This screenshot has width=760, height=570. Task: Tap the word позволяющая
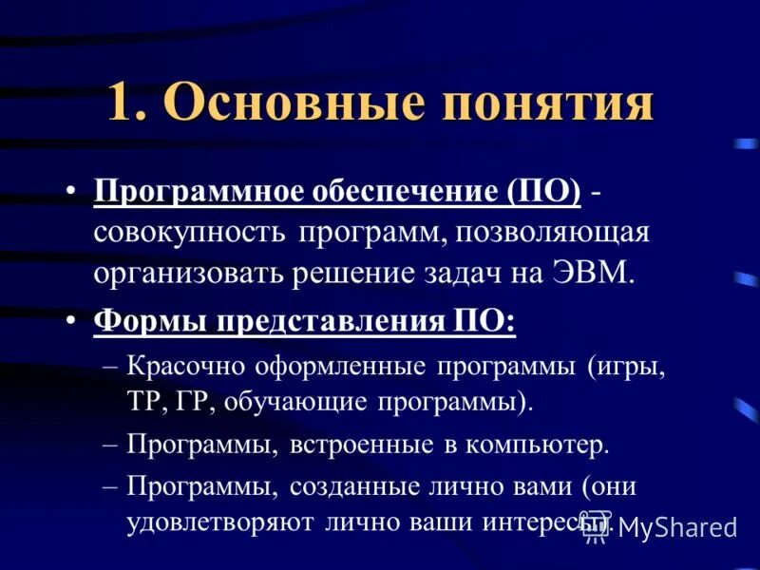[554, 233]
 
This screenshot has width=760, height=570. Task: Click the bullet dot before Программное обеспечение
[72, 193]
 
